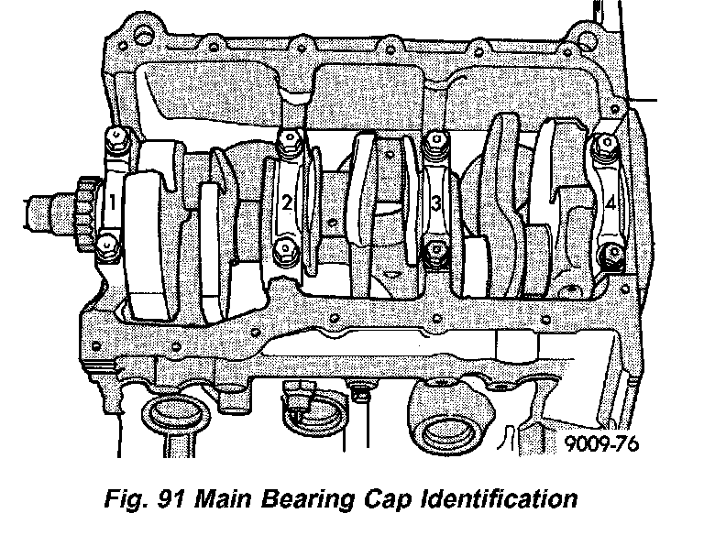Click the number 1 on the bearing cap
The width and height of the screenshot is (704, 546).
tap(112, 202)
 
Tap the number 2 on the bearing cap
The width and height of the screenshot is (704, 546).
tap(287, 202)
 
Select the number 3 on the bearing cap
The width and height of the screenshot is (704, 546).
tap(436, 203)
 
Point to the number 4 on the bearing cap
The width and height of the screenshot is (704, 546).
tap(610, 204)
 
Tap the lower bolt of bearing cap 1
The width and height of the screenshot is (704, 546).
tap(107, 246)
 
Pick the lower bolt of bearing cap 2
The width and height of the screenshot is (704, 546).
tap(285, 249)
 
